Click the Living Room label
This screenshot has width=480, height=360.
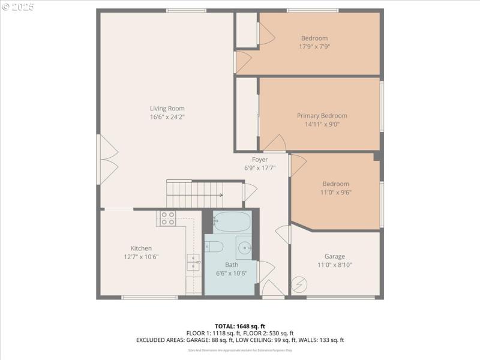click(x=167, y=109)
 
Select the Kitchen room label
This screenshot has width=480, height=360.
click(x=141, y=248)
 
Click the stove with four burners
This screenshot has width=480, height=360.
click(x=167, y=218)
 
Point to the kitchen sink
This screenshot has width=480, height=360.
click(x=193, y=262)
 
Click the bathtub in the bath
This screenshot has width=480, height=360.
click(x=232, y=222)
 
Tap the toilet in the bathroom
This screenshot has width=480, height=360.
click(x=214, y=247)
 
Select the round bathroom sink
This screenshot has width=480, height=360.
click(x=245, y=247)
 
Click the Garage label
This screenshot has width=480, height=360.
click(x=334, y=257)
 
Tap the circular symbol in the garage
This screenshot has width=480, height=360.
click(x=298, y=284)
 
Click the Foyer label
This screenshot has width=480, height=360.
click(x=260, y=160)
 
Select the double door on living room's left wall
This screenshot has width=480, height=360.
click(x=109, y=160)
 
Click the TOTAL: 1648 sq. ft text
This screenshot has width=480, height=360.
click(x=239, y=326)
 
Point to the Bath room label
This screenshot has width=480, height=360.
click(x=231, y=265)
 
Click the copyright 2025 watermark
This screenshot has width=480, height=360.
click(x=18, y=7)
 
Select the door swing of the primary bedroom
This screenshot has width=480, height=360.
click(x=275, y=143)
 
